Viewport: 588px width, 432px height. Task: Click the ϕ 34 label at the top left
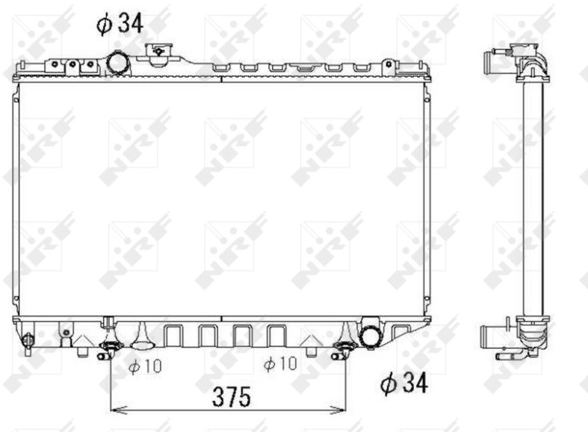(x=120, y=24)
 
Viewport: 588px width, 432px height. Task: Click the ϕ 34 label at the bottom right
(x=403, y=383)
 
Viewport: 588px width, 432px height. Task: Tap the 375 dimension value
(x=232, y=397)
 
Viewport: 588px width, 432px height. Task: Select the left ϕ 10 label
(x=145, y=366)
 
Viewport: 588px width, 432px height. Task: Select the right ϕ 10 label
(x=280, y=363)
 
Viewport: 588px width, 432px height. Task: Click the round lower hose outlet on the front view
(x=371, y=333)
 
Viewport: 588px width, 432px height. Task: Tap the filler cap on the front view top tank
(x=158, y=55)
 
